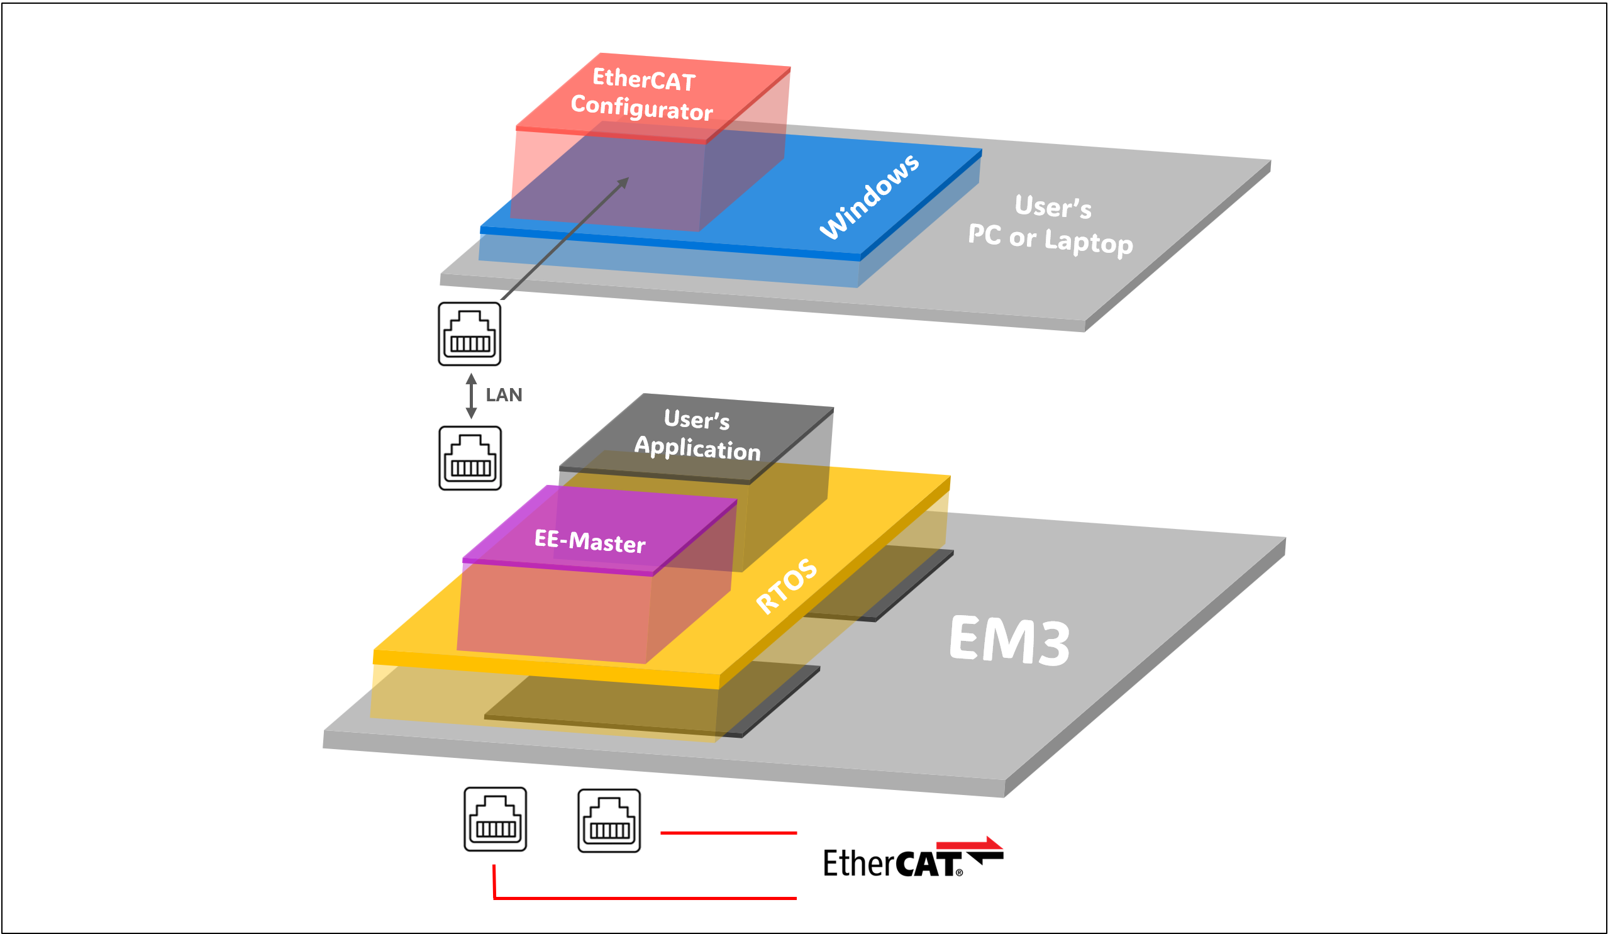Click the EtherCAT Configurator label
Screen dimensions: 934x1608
pyautogui.click(x=642, y=94)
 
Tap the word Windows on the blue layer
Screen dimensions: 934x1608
pyautogui.click(x=869, y=196)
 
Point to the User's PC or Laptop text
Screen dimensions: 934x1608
pyautogui.click(x=1051, y=225)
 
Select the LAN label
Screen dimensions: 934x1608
pyautogui.click(x=504, y=395)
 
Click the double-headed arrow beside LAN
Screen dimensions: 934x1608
pyautogui.click(x=471, y=396)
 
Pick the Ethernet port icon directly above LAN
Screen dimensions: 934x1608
pyautogui.click(x=469, y=334)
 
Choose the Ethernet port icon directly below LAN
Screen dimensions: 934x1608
pyautogui.click(x=470, y=458)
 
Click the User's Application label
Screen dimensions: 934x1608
pyautogui.click(x=697, y=435)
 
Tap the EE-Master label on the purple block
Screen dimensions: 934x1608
pyautogui.click(x=590, y=541)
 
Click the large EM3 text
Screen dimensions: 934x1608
pyautogui.click(x=1009, y=641)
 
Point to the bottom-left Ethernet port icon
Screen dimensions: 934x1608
pyautogui.click(x=495, y=819)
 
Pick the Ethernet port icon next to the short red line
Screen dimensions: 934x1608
pyautogui.click(x=609, y=820)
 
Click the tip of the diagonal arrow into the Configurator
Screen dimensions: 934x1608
pyautogui.click(x=627, y=179)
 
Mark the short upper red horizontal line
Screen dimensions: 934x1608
pyautogui.click(x=728, y=833)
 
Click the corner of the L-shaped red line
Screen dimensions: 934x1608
pyautogui.click(x=494, y=898)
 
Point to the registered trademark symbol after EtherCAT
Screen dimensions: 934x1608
pyautogui.click(x=959, y=873)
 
